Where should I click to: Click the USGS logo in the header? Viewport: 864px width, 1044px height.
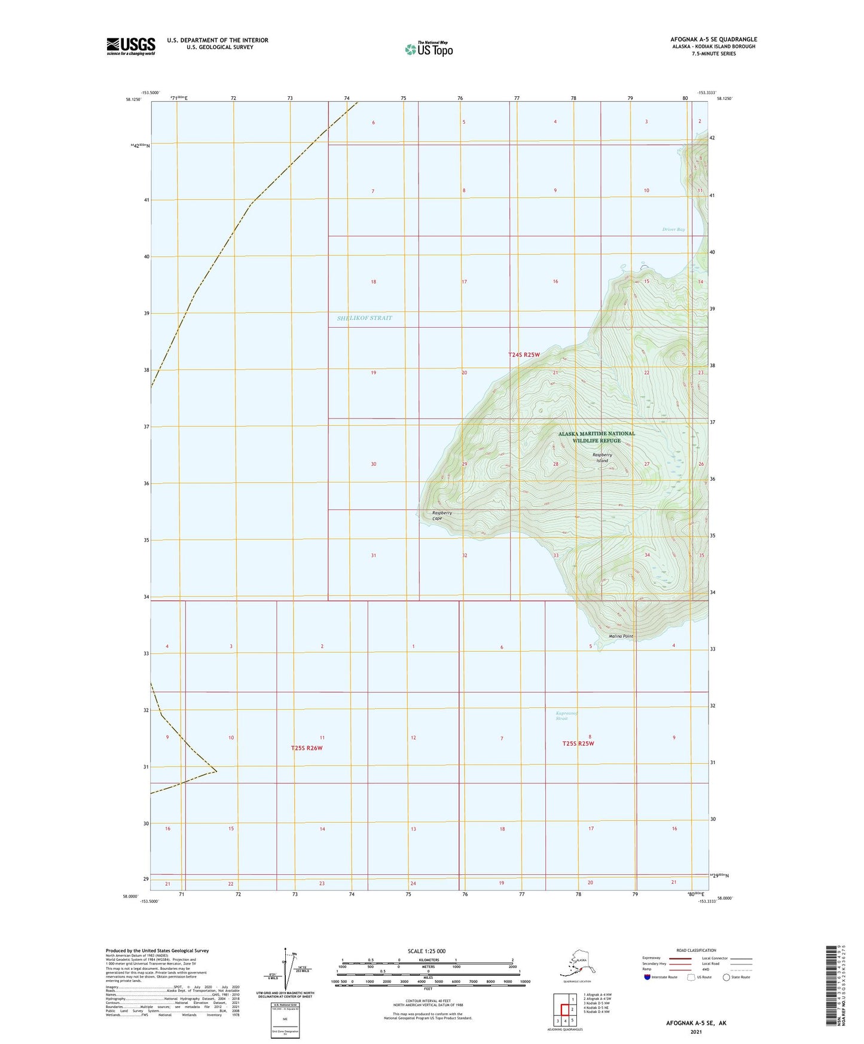(x=130, y=46)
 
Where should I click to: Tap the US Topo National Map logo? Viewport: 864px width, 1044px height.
(x=428, y=48)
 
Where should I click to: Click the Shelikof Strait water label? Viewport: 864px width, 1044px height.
(x=364, y=318)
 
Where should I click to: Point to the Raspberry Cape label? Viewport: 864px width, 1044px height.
(x=442, y=515)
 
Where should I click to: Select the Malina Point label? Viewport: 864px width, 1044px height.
(x=621, y=636)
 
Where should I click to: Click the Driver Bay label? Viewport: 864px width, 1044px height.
(x=673, y=230)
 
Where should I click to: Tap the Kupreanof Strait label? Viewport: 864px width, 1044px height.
(x=567, y=716)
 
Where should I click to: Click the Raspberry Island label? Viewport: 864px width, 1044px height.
(x=602, y=457)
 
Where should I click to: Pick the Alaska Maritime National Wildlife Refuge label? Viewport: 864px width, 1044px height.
(x=596, y=437)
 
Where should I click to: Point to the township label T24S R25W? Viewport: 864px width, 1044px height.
(x=524, y=355)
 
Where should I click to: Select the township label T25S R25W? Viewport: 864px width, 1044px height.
(x=578, y=744)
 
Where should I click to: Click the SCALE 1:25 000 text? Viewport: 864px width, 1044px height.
(x=426, y=951)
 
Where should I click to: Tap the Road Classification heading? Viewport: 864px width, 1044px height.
(x=696, y=950)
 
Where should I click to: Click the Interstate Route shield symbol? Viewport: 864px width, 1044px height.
(x=648, y=977)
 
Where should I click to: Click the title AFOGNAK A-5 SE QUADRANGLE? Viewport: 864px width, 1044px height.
(x=713, y=39)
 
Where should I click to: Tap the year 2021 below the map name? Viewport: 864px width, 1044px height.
(x=696, y=1031)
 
